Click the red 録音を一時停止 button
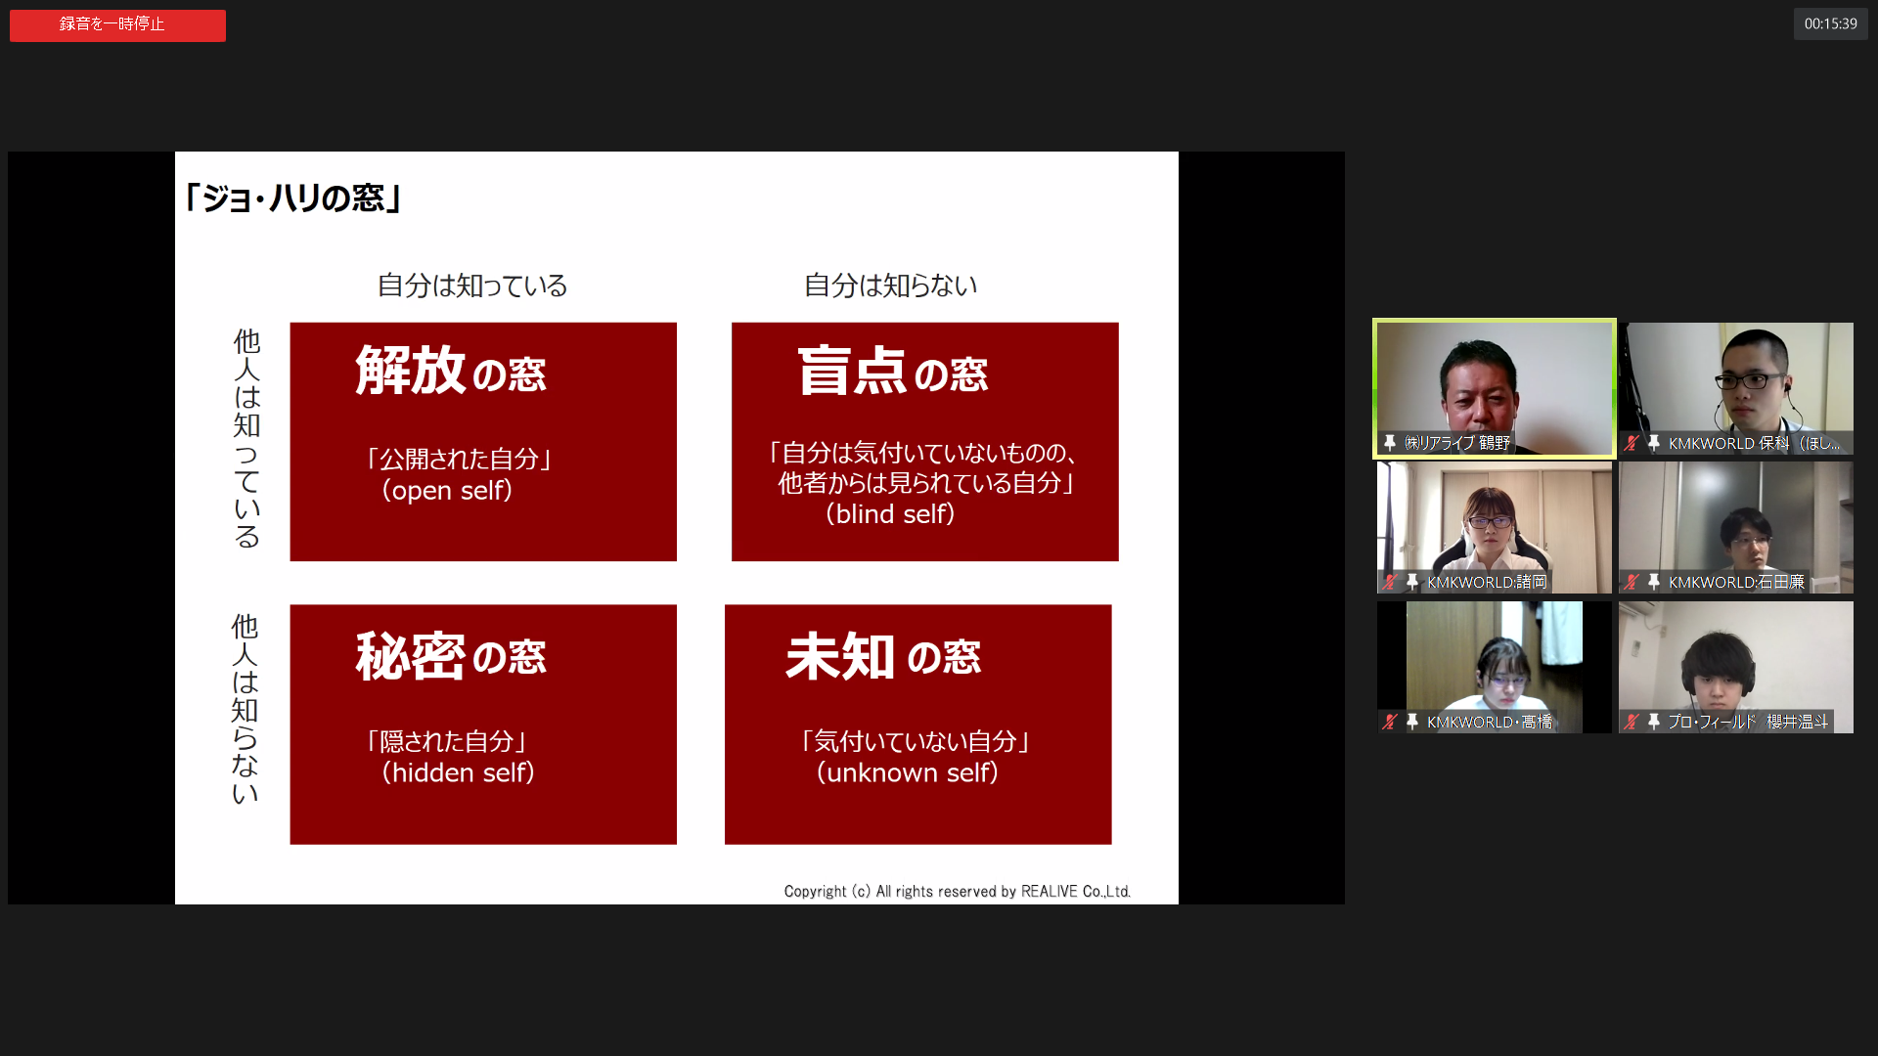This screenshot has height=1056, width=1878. pyautogui.click(x=117, y=25)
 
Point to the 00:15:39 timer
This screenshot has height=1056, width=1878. pyautogui.click(x=1830, y=24)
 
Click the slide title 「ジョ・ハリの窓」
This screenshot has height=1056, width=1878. pyautogui.click(x=292, y=198)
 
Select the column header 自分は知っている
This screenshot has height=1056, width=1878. pyautogui.click(x=472, y=286)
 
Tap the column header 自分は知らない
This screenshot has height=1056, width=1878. pyautogui.click(x=890, y=286)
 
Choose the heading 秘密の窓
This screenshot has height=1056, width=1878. pyautogui.click(x=451, y=655)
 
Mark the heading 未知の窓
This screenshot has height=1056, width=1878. pyautogui.click(x=883, y=655)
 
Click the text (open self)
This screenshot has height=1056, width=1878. pyautogui.click(x=447, y=490)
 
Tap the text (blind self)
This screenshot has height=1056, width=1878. pyautogui.click(x=890, y=513)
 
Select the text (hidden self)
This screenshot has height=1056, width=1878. pyautogui.click(x=458, y=772)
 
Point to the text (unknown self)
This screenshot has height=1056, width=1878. pyautogui.click(x=908, y=772)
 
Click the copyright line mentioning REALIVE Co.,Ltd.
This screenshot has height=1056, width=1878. pyautogui.click(x=958, y=892)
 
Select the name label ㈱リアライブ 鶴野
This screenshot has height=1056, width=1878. pyautogui.click(x=1457, y=443)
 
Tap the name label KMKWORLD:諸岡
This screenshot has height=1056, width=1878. pyautogui.click(x=1487, y=583)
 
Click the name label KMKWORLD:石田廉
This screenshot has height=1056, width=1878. pyautogui.click(x=1736, y=583)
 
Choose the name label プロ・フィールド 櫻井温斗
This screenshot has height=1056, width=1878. pyautogui.click(x=1748, y=722)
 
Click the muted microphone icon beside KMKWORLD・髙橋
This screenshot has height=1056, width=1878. pyautogui.click(x=1389, y=722)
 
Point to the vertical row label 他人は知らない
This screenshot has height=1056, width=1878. pyautogui.click(x=245, y=709)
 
